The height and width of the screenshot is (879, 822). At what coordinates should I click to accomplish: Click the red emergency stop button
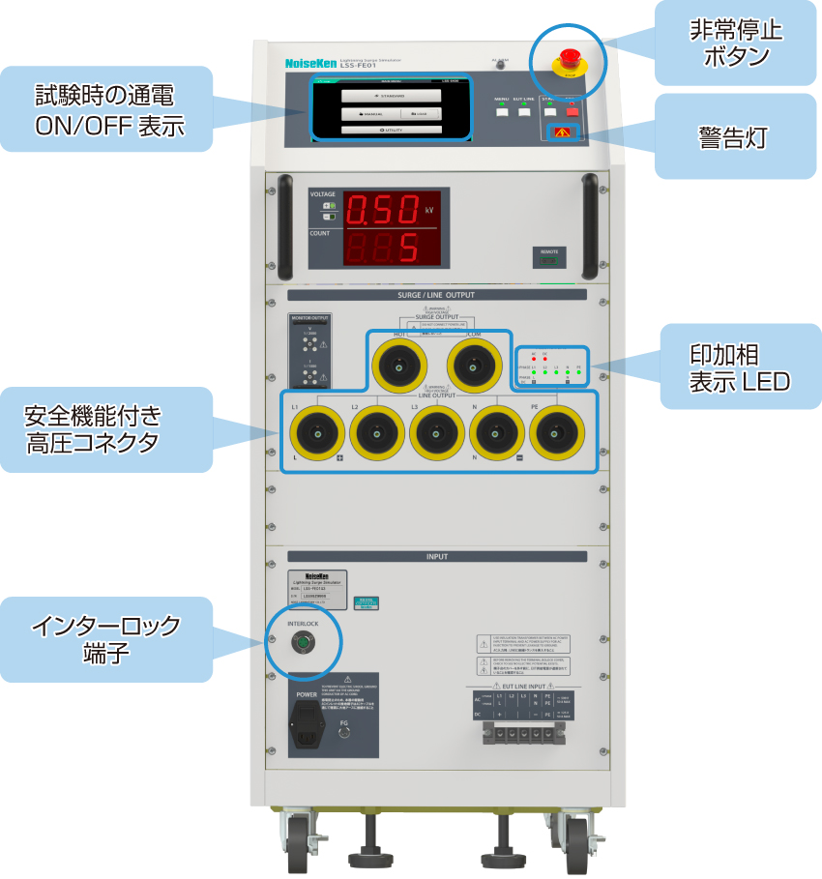coord(569,54)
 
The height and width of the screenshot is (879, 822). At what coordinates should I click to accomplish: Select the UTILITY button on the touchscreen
coord(392,129)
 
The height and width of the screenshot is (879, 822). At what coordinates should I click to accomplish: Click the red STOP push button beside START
coord(572,111)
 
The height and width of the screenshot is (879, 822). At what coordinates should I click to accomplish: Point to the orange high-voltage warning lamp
coord(562,132)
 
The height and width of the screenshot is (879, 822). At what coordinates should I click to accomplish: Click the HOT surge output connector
coord(397,366)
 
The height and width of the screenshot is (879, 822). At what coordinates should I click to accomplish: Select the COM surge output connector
coord(473,366)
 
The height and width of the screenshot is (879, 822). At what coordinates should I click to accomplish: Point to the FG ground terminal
coord(344,732)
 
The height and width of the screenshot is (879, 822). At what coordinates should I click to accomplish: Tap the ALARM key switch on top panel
coord(501,65)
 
